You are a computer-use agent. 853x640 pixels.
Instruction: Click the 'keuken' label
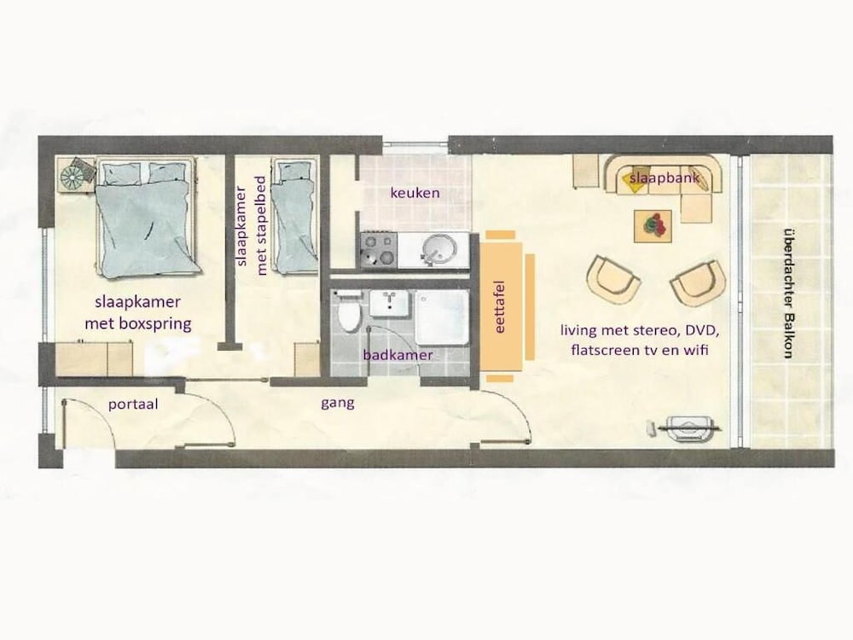(x=415, y=194)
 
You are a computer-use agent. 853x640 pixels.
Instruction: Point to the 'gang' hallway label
(x=338, y=403)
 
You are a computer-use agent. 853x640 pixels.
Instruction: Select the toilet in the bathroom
(x=349, y=314)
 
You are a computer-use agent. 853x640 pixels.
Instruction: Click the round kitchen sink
(x=440, y=250)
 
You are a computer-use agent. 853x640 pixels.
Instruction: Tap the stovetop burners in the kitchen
(x=378, y=250)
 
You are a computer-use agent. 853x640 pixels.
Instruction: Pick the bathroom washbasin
(x=390, y=303)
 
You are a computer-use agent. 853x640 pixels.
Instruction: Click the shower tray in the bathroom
(x=441, y=317)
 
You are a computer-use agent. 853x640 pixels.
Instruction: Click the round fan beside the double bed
(x=74, y=175)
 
